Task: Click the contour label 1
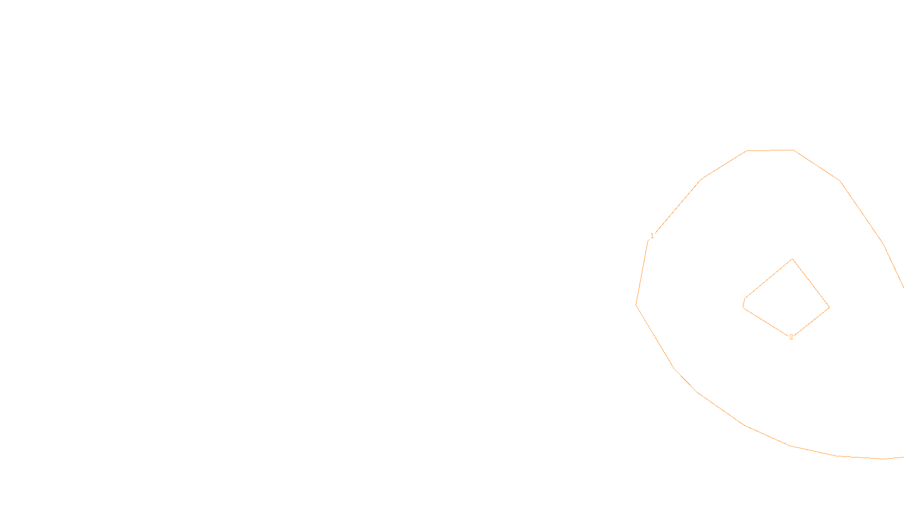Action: (652, 236)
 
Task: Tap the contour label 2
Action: (791, 337)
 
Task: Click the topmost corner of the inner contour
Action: (793, 259)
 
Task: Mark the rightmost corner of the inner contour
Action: (829, 308)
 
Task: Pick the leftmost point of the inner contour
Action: (743, 307)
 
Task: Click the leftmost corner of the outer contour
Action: (636, 305)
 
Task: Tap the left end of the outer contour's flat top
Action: (747, 151)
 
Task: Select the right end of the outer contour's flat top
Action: (793, 150)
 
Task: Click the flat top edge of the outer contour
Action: (770, 150)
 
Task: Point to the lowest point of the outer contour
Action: (881, 459)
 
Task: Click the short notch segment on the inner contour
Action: (744, 303)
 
